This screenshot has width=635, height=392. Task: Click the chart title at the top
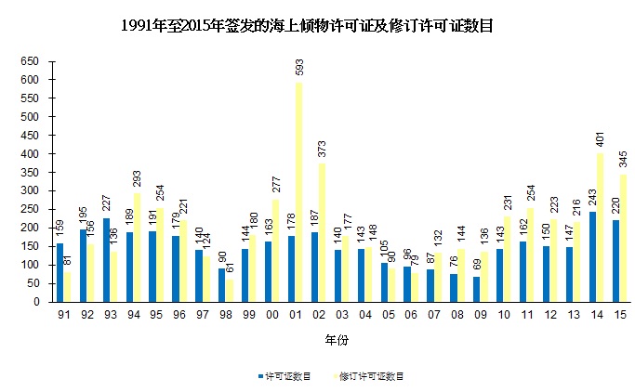[x=307, y=26]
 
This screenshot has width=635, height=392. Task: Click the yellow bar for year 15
[x=624, y=238]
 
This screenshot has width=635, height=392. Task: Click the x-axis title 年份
[x=337, y=341]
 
